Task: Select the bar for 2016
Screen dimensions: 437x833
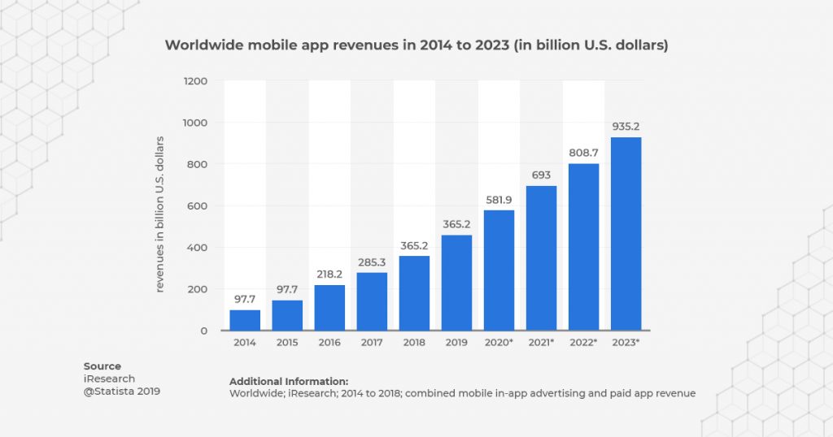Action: (329, 308)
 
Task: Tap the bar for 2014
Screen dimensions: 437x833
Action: (244, 320)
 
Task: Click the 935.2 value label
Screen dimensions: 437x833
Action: (626, 126)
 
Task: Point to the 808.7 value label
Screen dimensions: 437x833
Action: (583, 152)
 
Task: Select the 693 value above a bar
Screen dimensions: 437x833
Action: (541, 175)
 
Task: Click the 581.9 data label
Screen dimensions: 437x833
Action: (499, 199)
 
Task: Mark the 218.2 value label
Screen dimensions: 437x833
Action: (329, 274)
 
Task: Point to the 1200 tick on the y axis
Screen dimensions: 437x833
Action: (196, 81)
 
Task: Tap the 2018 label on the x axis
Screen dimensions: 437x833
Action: (414, 343)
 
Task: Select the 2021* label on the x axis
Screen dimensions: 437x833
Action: (541, 343)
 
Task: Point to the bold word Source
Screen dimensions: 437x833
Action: (102, 366)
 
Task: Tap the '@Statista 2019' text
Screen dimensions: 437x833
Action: (122, 392)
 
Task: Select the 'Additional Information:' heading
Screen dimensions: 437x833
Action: (289, 381)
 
